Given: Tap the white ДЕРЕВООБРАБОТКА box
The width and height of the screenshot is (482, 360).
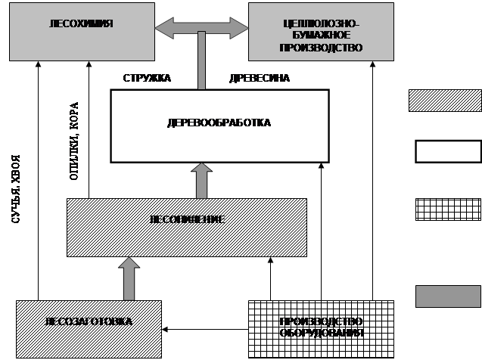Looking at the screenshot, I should (x=219, y=126).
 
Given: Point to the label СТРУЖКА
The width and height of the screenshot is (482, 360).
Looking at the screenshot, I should (x=148, y=78).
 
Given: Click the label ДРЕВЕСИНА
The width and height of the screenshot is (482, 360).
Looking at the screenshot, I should (x=259, y=78).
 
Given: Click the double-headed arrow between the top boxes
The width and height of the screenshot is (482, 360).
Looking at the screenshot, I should (x=201, y=29).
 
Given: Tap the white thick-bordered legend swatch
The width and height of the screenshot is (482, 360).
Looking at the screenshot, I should (x=446, y=151).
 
